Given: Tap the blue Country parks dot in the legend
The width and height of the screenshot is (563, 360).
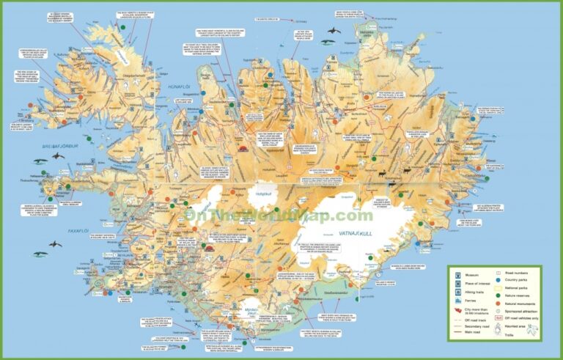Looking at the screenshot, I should coord(497,279).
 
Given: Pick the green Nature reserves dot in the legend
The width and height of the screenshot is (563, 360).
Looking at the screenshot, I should coord(497,295).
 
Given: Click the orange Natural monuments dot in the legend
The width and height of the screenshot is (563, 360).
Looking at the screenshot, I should coord(497,303).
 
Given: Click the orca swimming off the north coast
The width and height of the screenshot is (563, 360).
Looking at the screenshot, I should coord(334,31).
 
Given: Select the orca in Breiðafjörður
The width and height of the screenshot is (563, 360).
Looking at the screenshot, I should coord(38,161).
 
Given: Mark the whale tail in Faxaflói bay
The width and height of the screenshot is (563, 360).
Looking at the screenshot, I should coord(54,243).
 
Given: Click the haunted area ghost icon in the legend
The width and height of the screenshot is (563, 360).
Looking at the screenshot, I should coord(497,327).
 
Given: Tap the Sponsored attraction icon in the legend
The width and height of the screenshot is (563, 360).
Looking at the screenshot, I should coord(497,311).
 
